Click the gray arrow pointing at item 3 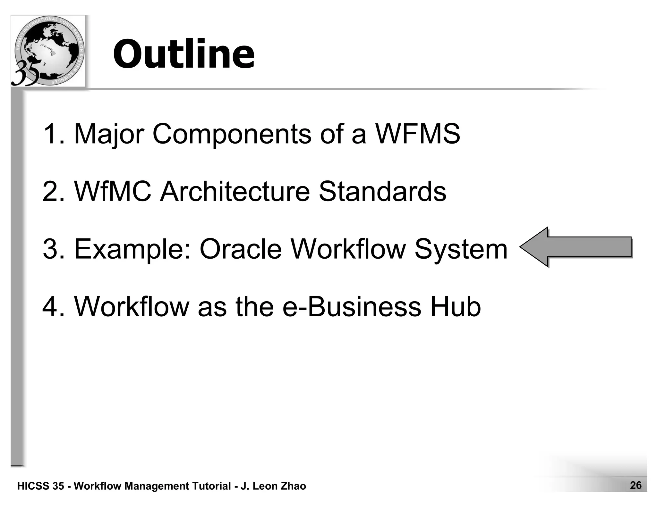[576, 247]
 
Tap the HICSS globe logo [48, 51]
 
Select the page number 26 [636, 485]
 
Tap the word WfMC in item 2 [113, 191]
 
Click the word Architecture [235, 191]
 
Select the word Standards [382, 191]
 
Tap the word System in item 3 [461, 250]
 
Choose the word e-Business [352, 307]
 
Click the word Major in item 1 [109, 134]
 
